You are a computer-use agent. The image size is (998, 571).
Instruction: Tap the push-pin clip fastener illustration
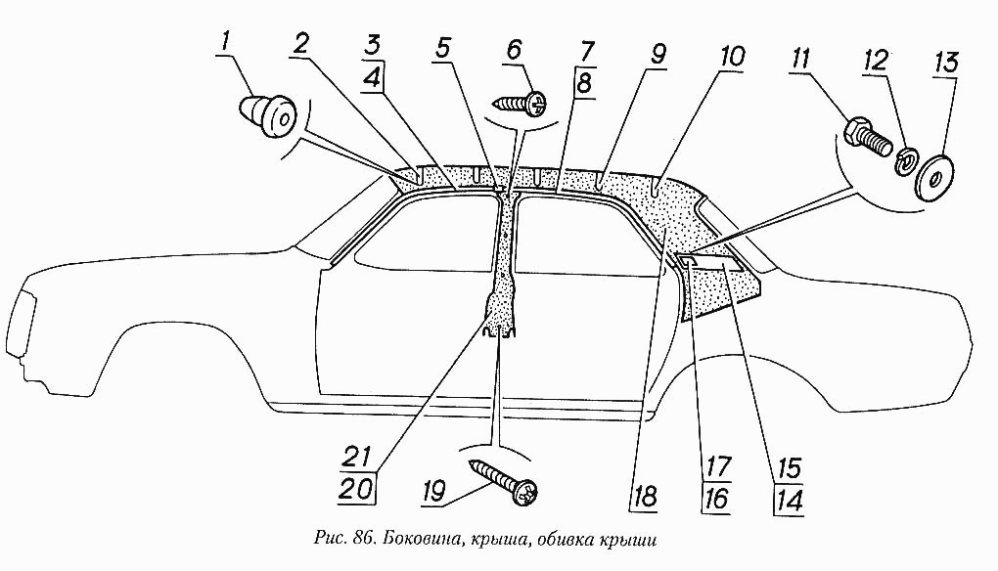(x=268, y=115)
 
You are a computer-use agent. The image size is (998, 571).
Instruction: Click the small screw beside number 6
(x=520, y=102)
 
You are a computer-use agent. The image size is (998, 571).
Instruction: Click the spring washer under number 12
(x=905, y=161)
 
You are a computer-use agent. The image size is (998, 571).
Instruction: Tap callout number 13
(x=946, y=64)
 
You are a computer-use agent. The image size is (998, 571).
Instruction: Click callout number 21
(x=359, y=457)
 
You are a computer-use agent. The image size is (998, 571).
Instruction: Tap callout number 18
(x=644, y=497)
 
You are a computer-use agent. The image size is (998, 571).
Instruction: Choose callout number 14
(x=788, y=500)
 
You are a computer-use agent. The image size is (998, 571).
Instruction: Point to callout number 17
(x=717, y=467)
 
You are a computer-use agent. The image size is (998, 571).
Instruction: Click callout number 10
(x=731, y=58)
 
